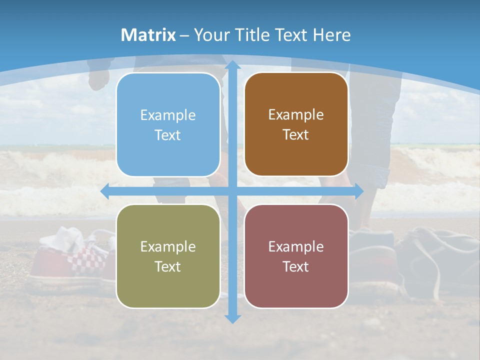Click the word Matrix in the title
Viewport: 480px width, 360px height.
click(x=148, y=35)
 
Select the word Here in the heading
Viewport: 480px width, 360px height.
click(x=331, y=35)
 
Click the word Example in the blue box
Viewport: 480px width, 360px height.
click(x=168, y=115)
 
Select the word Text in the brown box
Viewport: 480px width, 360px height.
click(x=296, y=135)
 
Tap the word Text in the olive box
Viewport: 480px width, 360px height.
click(x=168, y=266)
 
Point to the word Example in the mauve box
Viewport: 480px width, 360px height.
click(x=296, y=246)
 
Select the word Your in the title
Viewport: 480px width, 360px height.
click(x=210, y=35)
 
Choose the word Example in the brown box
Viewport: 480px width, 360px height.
click(x=296, y=115)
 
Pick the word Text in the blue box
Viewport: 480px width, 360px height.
click(x=168, y=135)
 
